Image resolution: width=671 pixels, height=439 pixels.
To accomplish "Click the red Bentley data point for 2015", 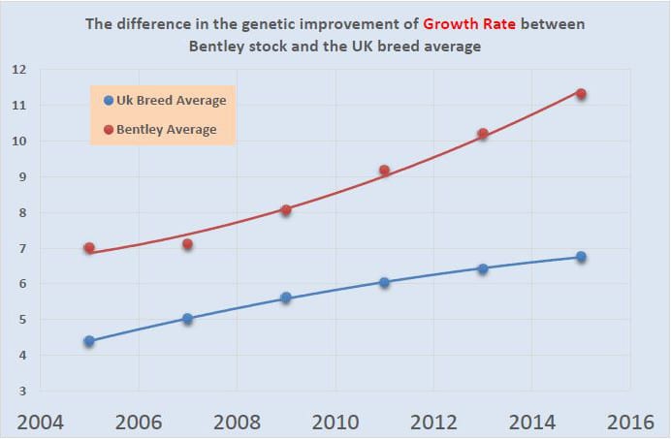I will coord(581,93).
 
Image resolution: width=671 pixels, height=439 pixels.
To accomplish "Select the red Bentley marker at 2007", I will coord(187,244).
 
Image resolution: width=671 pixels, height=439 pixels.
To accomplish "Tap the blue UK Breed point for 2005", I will coord(89,341).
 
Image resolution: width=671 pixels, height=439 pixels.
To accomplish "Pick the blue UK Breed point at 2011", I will coord(384,282).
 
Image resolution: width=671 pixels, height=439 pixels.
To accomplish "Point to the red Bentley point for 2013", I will coord(483,134).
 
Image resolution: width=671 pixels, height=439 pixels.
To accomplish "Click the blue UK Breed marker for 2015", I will coord(581,257).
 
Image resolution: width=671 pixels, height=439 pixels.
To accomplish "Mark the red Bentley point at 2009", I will coord(286,209).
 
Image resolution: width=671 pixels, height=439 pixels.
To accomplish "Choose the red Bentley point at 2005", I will coord(89,248).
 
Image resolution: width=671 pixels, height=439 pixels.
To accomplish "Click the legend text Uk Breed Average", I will coord(171,101).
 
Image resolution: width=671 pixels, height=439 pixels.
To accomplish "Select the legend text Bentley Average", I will coord(166,129).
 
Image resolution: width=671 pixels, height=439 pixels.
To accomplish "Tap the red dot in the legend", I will coord(109,129).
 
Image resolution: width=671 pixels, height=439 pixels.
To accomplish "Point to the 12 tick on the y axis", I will coord(18,69).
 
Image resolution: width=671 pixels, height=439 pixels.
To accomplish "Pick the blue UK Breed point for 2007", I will coord(187,318).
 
